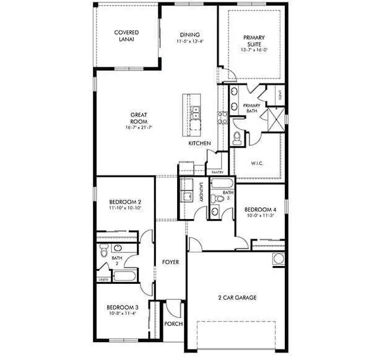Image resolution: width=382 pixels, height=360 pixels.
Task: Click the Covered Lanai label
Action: point(126,35)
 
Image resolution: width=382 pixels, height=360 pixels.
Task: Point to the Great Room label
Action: point(138,118)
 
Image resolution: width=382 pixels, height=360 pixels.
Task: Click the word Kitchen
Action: point(199,144)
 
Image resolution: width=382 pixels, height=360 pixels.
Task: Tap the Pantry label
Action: point(217,172)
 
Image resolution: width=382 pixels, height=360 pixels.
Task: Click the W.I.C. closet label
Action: point(258,164)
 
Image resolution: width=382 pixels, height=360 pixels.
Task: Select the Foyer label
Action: point(170,262)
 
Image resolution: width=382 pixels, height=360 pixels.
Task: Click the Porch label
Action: point(173,324)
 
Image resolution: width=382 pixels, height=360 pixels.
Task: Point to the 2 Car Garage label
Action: point(237,298)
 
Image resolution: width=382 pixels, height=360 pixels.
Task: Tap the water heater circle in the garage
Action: point(277,258)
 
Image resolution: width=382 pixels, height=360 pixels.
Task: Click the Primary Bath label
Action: point(251,109)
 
